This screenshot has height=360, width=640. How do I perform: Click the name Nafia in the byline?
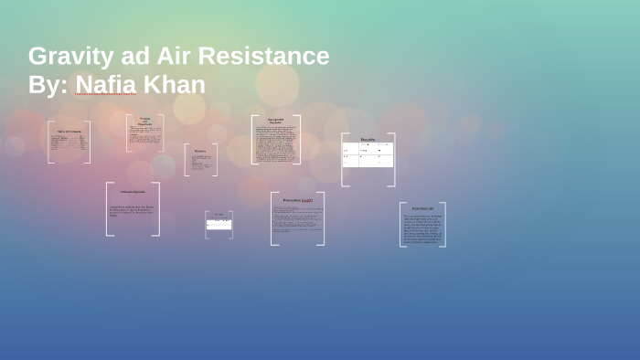click(x=105, y=85)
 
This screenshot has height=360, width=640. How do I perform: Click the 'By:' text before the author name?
click(x=48, y=85)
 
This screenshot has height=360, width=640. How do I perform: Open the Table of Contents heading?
click(x=69, y=132)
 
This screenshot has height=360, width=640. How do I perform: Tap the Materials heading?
click(x=200, y=151)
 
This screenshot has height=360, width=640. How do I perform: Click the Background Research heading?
click(x=275, y=121)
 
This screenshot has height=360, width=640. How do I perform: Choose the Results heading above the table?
click(x=368, y=139)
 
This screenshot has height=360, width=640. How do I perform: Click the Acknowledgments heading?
click(x=133, y=192)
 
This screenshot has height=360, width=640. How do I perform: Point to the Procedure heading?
click(x=296, y=200)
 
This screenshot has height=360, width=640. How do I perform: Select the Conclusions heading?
click(x=422, y=209)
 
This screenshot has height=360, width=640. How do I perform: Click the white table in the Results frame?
click(x=368, y=155)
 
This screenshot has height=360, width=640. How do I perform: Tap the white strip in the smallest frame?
click(x=219, y=224)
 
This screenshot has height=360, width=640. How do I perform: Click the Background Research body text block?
click(x=275, y=143)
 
